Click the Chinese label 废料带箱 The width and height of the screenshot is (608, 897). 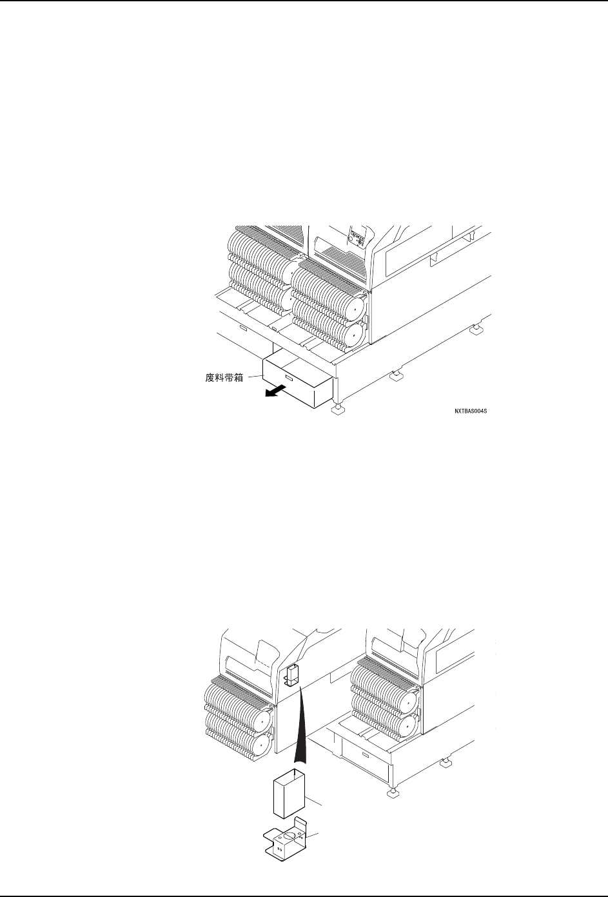220,379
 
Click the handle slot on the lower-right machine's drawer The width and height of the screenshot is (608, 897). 365,754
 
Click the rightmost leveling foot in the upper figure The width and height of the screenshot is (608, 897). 476,330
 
